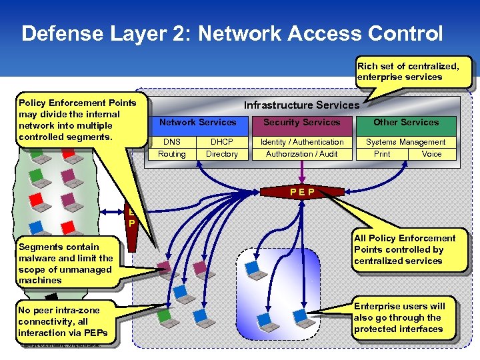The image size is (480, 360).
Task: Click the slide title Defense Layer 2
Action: tap(231, 33)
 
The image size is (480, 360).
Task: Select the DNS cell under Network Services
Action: tap(171, 142)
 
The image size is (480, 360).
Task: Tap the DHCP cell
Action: tap(222, 142)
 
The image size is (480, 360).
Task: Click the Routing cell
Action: tap(171, 154)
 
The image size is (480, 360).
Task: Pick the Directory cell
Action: tap(222, 154)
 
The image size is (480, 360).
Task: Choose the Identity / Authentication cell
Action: tap(302, 142)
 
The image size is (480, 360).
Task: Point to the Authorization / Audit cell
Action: tap(302, 154)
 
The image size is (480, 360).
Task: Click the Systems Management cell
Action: tap(405, 142)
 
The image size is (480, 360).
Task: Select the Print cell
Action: tap(382, 154)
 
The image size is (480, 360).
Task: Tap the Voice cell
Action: tap(431, 154)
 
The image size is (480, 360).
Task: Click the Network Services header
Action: tap(197, 123)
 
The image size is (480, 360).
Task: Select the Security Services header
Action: tap(302, 123)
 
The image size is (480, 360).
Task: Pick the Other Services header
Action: tap(405, 123)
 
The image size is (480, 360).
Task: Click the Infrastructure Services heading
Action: tap(301, 105)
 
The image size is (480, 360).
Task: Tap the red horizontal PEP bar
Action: tap(302, 193)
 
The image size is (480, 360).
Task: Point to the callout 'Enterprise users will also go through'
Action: tap(404, 317)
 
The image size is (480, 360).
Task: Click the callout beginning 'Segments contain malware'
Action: tap(65, 264)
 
